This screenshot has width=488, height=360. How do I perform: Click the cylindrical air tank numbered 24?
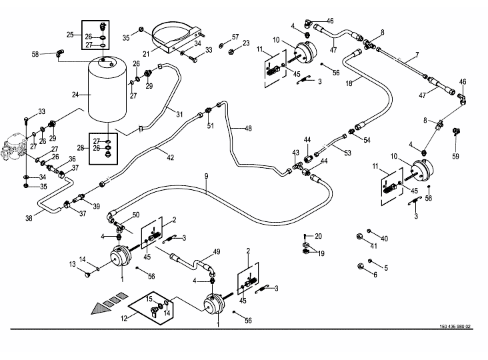(107, 90)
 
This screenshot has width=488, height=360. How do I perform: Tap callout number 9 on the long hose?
(207, 176)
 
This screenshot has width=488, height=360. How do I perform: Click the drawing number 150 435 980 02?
(455, 327)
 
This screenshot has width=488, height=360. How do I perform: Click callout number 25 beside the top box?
(70, 35)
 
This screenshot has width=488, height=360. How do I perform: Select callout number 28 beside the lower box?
(81, 148)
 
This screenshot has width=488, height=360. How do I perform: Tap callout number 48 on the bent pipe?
(248, 128)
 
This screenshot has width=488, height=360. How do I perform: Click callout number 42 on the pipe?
(170, 157)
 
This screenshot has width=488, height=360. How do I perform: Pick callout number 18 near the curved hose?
(349, 83)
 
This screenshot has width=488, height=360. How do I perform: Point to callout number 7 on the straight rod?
(417, 55)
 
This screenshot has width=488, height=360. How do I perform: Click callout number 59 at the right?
(455, 156)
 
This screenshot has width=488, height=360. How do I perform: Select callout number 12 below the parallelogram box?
(124, 318)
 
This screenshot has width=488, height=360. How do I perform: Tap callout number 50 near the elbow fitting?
(136, 215)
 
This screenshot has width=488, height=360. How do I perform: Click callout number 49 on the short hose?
(216, 251)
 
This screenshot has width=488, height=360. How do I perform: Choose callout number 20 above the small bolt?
(318, 236)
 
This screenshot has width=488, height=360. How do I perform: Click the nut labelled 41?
(359, 237)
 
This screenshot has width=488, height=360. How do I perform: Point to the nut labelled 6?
(360, 267)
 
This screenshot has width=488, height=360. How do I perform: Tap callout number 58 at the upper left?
(35, 54)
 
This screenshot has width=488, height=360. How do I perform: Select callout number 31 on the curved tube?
(179, 114)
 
